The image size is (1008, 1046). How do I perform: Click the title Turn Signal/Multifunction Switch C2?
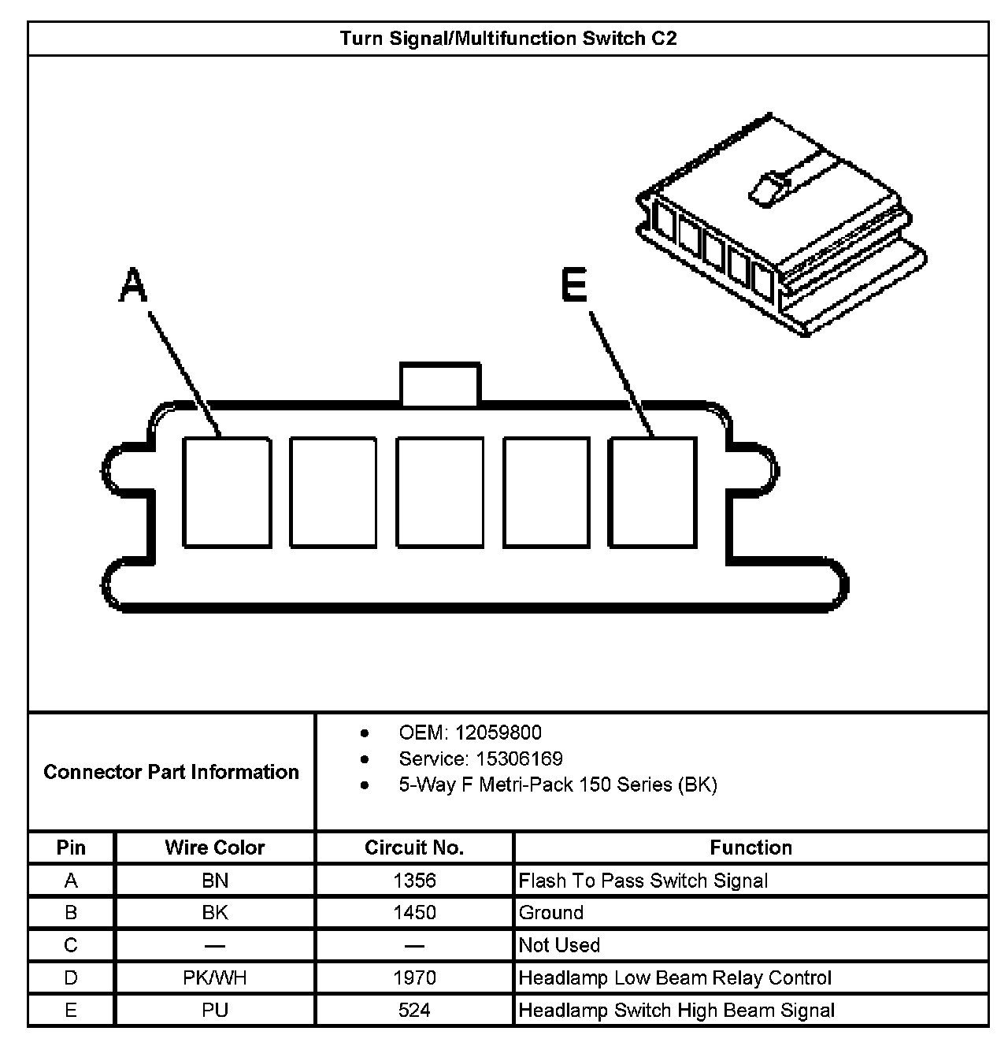tap(508, 39)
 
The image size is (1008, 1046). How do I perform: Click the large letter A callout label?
tap(133, 284)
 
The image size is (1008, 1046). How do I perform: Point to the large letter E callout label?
tap(575, 284)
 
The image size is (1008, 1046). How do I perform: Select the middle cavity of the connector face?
tap(439, 492)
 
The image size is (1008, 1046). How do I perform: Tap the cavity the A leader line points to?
tap(227, 492)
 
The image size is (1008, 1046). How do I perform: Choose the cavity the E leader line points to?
tap(653, 492)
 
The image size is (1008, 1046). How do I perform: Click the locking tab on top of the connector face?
tap(439, 384)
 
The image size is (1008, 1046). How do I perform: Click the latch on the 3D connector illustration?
tap(768, 189)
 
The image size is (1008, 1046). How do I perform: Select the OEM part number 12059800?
tap(470, 733)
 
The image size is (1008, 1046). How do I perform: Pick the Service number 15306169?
tap(480, 759)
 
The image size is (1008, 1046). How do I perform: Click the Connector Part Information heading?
tap(171, 772)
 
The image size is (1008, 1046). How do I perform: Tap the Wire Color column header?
tap(214, 848)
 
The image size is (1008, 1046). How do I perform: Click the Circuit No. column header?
tap(414, 848)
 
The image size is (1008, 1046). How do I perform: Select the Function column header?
tap(750, 848)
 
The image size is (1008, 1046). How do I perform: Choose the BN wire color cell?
tap(214, 880)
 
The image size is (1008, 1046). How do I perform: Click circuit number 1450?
tap(414, 912)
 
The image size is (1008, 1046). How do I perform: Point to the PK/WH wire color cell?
tap(214, 977)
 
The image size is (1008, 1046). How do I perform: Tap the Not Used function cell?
tap(559, 945)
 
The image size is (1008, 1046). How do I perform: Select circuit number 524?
tap(414, 1010)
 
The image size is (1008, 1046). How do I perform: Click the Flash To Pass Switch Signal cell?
tap(643, 880)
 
